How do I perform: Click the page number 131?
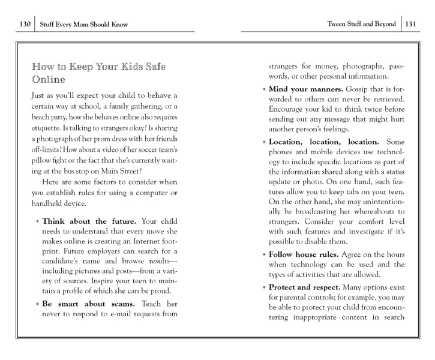pos(411,25)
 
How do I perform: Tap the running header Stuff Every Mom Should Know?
pos(86,25)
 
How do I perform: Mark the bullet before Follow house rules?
pos(264,255)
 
